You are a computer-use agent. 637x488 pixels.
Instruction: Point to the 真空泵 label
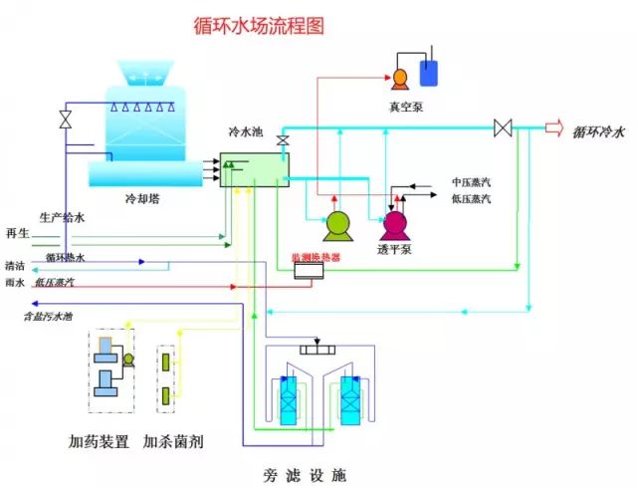tap(406, 107)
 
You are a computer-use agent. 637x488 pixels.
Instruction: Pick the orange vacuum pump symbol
tap(400, 78)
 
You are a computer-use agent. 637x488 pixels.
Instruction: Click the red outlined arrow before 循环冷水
tap(555, 127)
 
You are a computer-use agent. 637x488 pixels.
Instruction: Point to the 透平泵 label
tap(394, 250)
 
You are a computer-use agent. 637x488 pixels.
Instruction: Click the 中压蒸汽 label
tap(471, 183)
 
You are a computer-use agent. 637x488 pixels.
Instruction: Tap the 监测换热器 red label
tap(316, 257)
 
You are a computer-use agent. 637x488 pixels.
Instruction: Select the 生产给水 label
tap(62, 215)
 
